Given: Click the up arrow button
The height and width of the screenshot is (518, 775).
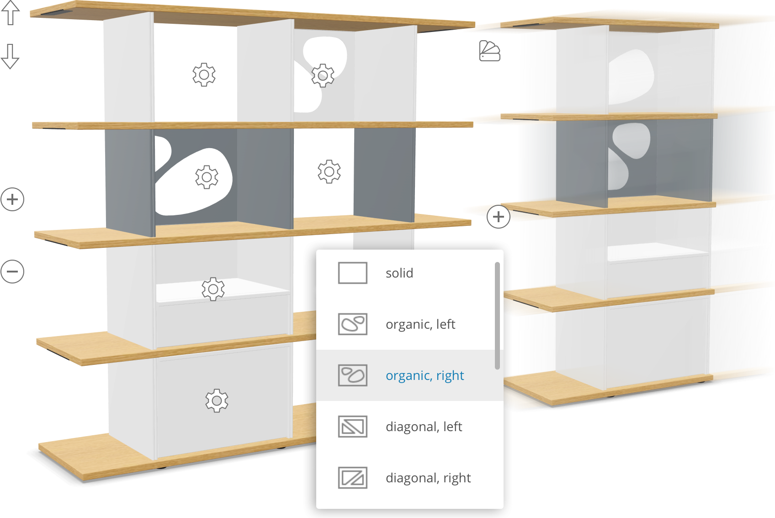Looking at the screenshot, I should pos(11,13).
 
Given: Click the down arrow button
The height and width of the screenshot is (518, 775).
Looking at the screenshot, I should pos(10,56).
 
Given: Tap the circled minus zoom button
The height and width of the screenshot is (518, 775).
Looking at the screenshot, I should pos(12,272).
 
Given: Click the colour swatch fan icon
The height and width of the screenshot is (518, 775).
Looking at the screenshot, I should pos(489,51).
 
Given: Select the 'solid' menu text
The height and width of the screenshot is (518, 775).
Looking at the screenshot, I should pos(399,273).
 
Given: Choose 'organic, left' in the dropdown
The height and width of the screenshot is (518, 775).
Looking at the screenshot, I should pos(420,325).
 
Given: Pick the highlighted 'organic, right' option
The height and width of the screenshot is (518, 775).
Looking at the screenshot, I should pos(425,376).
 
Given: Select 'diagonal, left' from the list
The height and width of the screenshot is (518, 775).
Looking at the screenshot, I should pos(424,427).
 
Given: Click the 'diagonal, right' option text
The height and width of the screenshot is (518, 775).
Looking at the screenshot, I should pos(428,478).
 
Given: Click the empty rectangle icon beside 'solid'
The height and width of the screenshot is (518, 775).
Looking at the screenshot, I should pos(352,273).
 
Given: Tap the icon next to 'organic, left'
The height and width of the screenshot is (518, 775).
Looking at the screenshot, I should pos(352,325).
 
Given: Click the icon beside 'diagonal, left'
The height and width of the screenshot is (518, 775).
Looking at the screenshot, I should pos(352,427).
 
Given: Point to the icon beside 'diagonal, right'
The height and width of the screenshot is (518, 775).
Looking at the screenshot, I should pos(352,478).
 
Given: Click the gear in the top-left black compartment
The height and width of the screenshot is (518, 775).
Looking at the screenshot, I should pos(204,75).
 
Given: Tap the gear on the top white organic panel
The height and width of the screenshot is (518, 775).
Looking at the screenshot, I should pos(323,75).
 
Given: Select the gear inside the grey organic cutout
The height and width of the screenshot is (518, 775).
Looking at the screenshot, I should pos(207,177).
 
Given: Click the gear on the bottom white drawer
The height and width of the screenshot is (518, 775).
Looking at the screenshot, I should pos(217,401).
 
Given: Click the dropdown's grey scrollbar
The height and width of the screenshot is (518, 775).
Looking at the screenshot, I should pos(497,315).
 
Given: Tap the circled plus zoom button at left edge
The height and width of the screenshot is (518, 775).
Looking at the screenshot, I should pos(12,199).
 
